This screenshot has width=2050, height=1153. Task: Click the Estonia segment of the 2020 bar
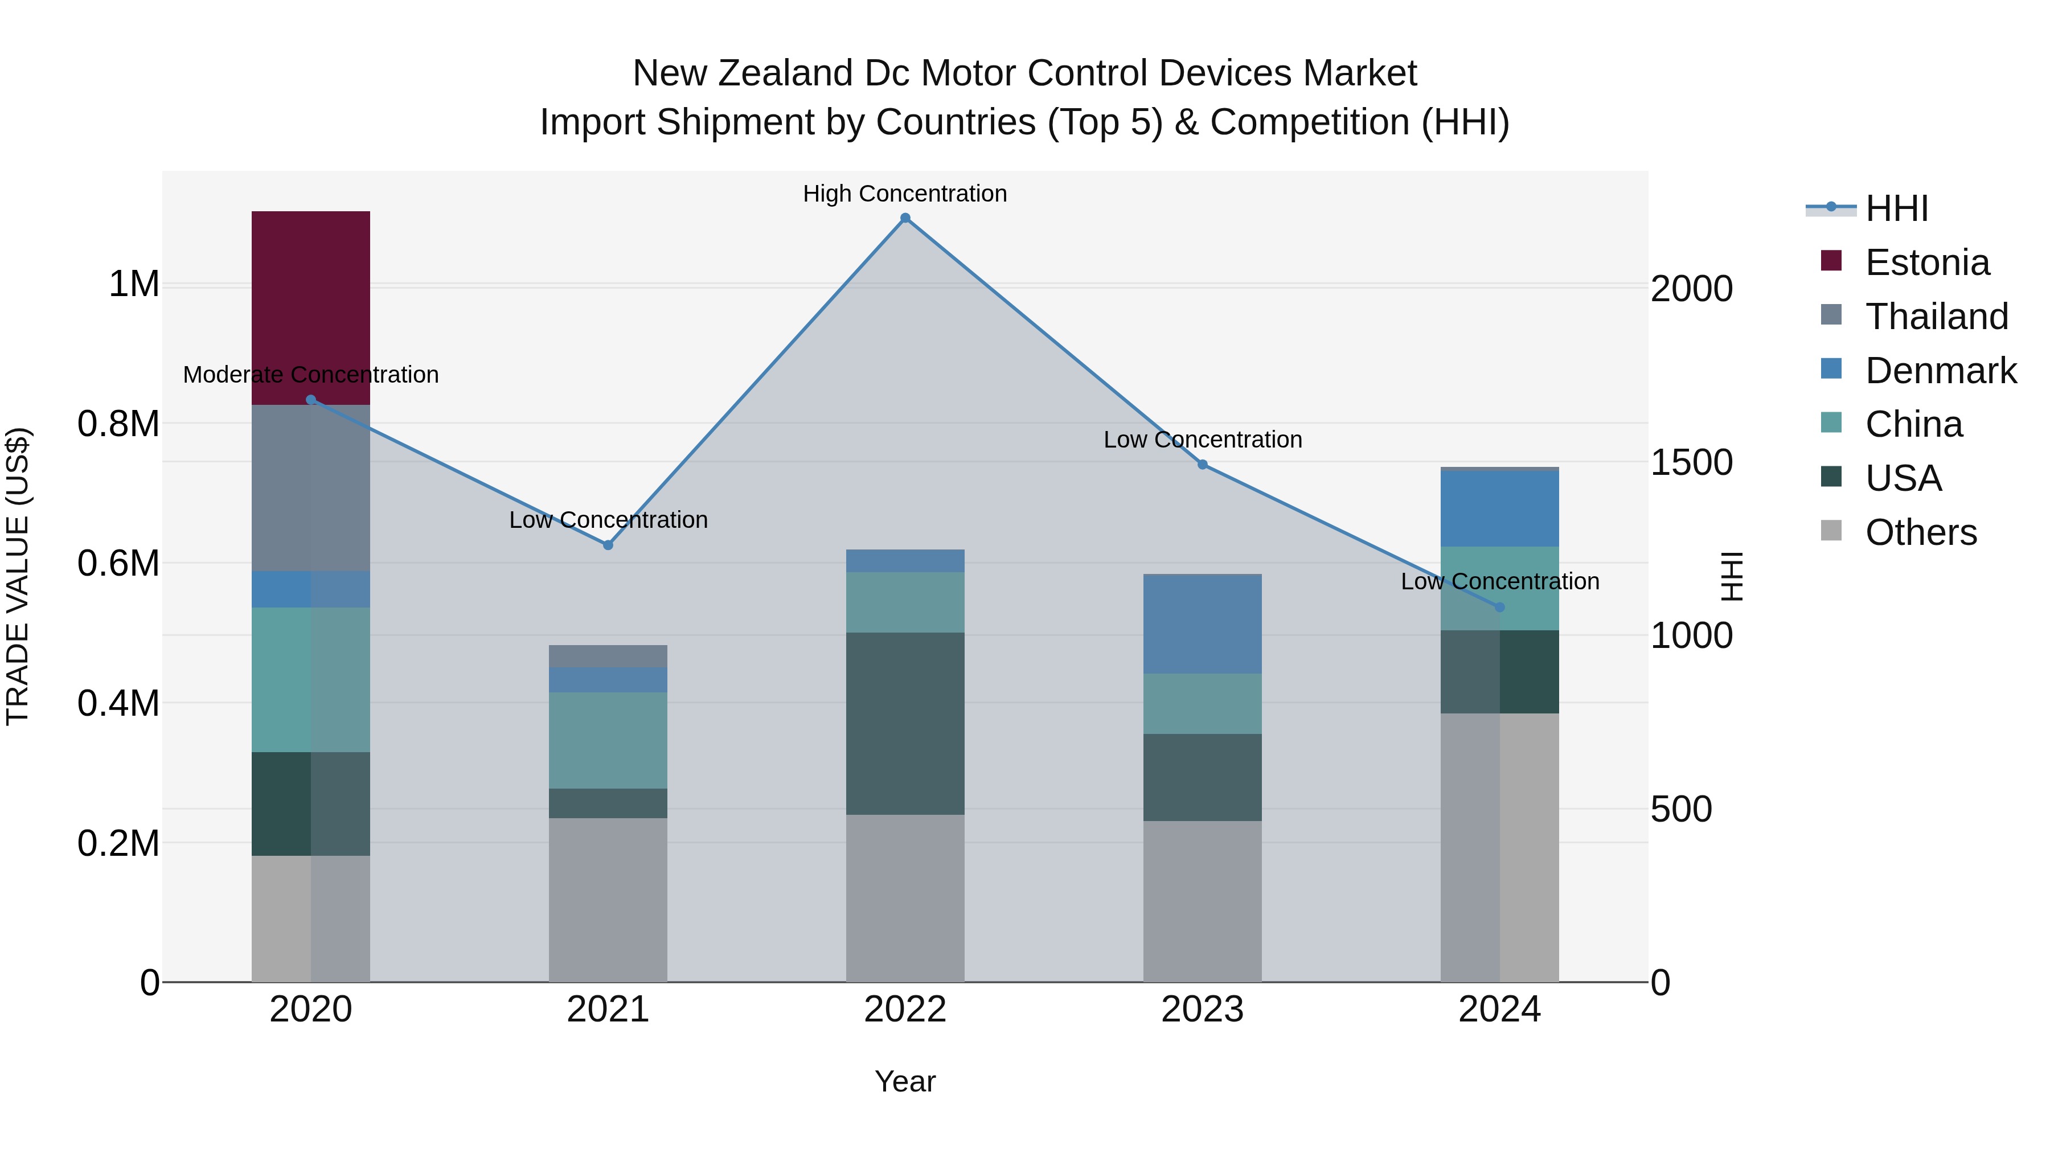click(310, 306)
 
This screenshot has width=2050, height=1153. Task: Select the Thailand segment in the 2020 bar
click(310, 487)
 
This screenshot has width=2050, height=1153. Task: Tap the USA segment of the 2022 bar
click(905, 723)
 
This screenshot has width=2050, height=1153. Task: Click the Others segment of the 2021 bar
click(608, 899)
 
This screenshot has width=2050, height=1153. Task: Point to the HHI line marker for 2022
click(905, 218)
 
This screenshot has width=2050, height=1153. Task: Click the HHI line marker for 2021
click(608, 545)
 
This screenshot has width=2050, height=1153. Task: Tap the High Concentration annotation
click(905, 194)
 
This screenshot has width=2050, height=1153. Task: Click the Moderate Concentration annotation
click(310, 374)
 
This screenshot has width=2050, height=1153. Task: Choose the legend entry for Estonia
click(1926, 262)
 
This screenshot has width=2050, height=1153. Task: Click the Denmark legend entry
click(1940, 371)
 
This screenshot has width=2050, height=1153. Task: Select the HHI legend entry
click(1896, 208)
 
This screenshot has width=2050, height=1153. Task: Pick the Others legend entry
click(1920, 532)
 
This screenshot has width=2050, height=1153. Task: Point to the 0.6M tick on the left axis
click(118, 563)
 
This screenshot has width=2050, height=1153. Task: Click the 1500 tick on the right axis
click(1691, 462)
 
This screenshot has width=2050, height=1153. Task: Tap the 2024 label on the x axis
click(1499, 1009)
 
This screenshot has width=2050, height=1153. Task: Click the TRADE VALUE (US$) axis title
click(18, 576)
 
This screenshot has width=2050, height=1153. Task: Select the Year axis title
click(905, 1081)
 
